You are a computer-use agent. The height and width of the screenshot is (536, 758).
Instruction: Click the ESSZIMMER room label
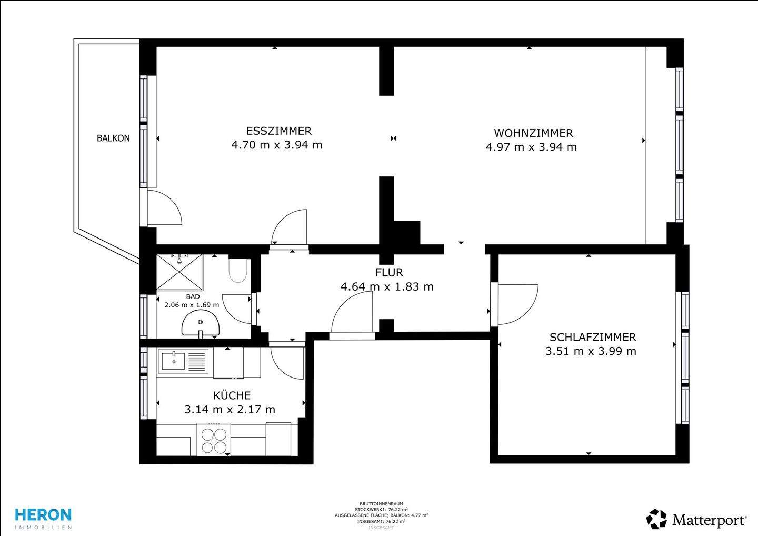278,131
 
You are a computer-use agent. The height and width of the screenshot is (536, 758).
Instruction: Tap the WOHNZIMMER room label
533,133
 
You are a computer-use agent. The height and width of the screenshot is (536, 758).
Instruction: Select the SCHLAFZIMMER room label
592,337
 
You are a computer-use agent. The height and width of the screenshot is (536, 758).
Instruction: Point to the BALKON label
113,138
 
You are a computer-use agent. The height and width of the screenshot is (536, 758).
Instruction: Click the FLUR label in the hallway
389,272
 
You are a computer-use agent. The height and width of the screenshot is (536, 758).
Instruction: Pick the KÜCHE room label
232,395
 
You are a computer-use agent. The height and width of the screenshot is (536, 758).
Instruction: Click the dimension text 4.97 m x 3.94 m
531,147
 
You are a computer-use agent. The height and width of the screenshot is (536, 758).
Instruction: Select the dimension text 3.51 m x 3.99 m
591,351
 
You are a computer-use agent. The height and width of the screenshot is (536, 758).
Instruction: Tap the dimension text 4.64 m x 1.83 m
387,287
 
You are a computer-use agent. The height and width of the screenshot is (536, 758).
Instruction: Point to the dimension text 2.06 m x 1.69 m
192,305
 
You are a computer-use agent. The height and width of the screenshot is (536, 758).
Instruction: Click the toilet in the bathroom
238,270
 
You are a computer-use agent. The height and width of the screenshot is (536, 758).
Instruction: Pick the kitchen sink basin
173,361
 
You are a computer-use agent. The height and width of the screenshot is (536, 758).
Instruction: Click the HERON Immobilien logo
43,518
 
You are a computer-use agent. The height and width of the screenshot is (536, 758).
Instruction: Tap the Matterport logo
696,519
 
